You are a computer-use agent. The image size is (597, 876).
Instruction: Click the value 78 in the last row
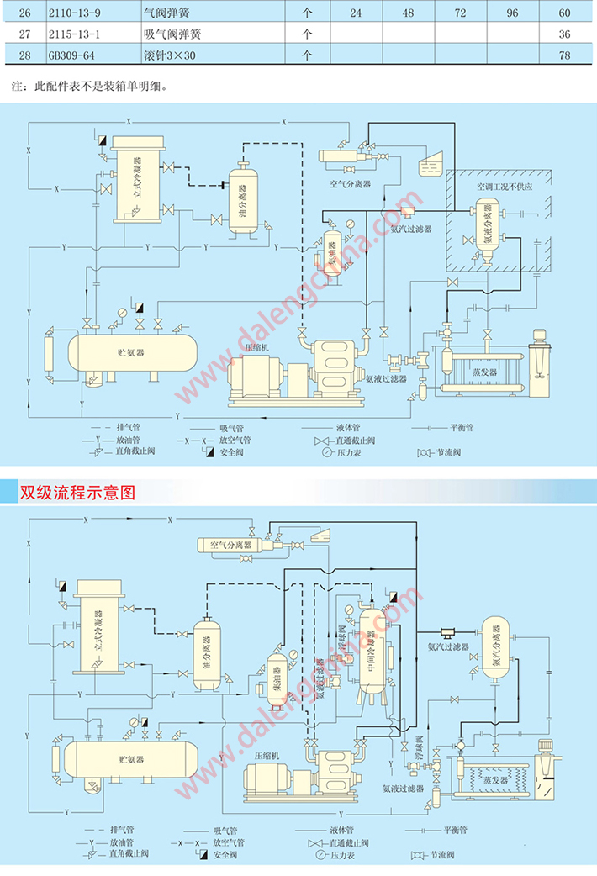coord(564,55)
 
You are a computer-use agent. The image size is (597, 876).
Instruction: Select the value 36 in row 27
coord(564,34)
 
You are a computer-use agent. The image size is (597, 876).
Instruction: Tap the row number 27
coord(24,34)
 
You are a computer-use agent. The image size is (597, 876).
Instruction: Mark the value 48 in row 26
coord(408,13)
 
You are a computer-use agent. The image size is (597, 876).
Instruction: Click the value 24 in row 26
coord(356,13)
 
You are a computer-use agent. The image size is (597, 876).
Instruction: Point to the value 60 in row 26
coord(564,13)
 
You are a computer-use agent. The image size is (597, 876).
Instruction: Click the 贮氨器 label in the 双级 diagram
coord(132,759)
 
